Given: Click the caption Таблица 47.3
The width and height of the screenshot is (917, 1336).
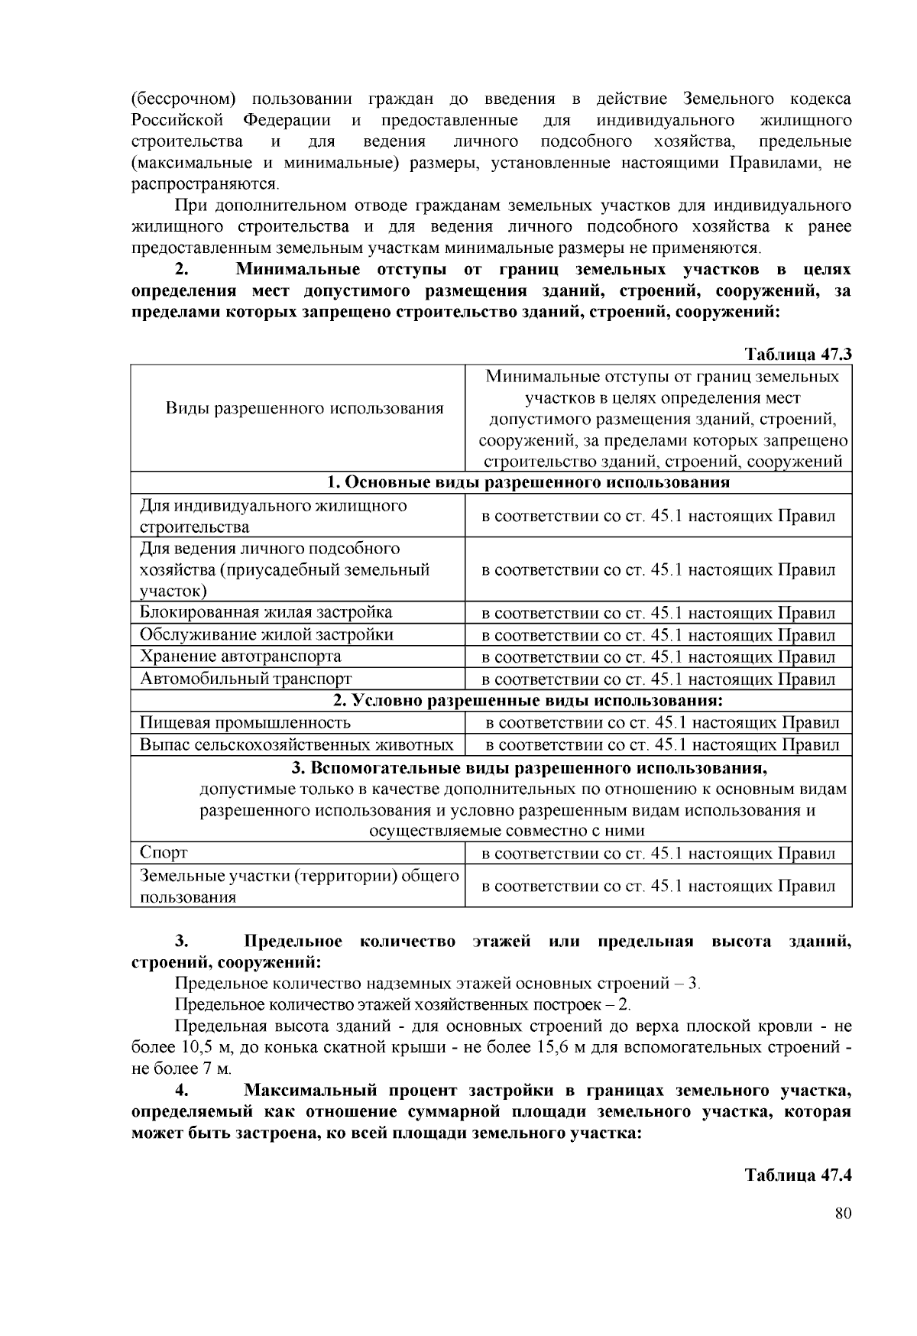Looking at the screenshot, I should tap(798, 355).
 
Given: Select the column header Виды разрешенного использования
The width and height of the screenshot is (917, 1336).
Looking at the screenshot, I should tap(304, 408).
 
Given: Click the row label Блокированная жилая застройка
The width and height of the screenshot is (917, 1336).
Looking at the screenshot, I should tap(266, 612).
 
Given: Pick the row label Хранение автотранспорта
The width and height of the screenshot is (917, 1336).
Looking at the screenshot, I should tap(240, 657).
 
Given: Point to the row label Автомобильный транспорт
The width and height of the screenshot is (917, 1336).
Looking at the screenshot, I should tap(245, 679).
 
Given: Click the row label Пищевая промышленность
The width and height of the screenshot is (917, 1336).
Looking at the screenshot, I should tap(245, 722).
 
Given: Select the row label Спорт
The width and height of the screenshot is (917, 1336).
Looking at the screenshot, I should tap(164, 853).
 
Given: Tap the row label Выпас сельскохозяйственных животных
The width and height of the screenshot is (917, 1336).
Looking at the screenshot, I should tap(296, 744).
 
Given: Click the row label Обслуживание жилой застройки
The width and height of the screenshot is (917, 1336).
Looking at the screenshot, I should tap(267, 634).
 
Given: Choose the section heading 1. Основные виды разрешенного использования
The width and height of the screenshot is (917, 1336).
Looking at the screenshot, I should tap(528, 482).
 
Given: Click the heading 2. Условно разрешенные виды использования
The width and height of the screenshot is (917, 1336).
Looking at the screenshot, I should tap(528, 700).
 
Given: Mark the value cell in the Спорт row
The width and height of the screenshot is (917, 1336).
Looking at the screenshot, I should tap(658, 854).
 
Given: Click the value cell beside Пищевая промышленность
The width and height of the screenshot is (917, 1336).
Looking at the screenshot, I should tap(663, 722).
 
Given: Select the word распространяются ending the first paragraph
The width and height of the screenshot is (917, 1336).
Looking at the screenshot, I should tap(204, 184).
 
